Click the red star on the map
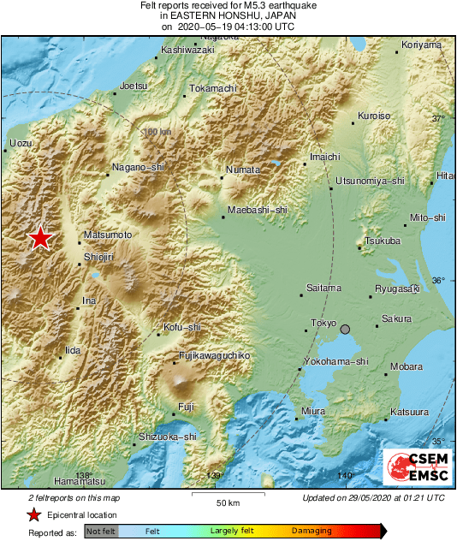coord(39,238)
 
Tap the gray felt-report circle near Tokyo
coord(346,330)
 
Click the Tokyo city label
coord(323,323)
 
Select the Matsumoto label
coord(109,235)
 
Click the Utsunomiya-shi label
coord(370,181)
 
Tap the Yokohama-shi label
coord(336,361)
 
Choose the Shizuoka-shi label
coord(167,437)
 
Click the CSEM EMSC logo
coord(414,467)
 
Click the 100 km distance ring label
coord(157,132)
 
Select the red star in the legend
coord(33,514)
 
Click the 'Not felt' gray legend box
coord(101,532)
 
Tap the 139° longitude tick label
coord(215,475)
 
